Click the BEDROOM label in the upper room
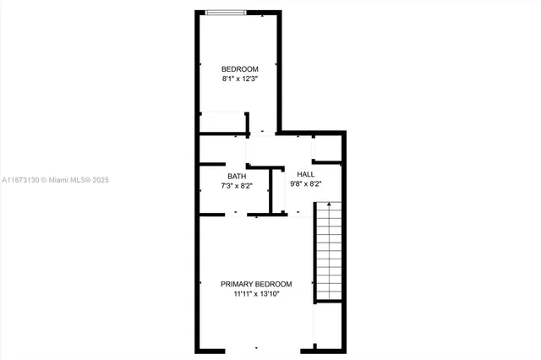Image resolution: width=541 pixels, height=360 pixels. (239, 68)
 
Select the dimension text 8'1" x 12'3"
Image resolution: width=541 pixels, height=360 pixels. (239, 79)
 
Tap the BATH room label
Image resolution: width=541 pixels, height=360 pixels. (236, 176)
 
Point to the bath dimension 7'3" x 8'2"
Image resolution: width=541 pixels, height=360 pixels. (237, 185)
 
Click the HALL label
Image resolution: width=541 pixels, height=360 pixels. (305, 173)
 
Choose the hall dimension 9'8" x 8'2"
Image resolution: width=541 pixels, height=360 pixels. (305, 183)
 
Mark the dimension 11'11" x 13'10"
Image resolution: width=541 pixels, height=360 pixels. (256, 294)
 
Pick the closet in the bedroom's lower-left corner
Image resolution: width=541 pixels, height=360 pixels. (222, 123)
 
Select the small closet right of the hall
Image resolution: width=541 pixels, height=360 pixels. (328, 148)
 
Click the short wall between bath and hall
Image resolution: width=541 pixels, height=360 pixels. (270, 191)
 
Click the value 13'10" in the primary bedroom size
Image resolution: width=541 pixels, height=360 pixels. (276, 294)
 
